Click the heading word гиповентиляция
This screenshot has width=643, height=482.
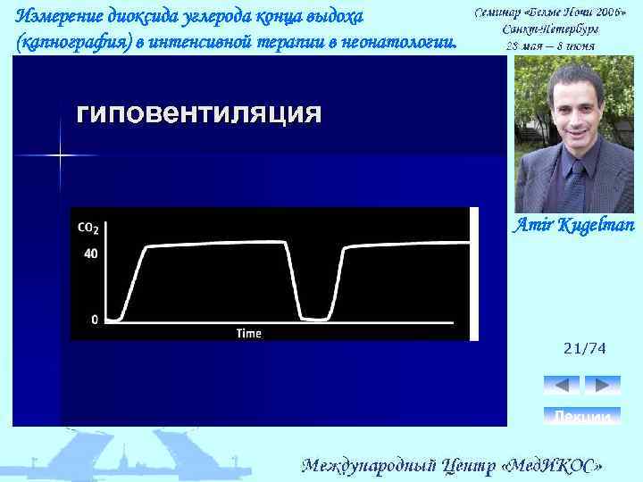(198, 114)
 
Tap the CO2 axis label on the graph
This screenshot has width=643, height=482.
(88, 228)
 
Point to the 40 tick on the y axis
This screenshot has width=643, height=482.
(90, 253)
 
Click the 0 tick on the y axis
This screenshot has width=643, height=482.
(95, 319)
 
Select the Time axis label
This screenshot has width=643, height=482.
(248, 333)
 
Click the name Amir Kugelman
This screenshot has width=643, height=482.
(572, 225)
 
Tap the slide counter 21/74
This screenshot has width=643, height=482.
(584, 349)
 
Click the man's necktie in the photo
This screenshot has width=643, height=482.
(576, 174)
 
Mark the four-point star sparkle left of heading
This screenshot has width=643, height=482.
(60, 155)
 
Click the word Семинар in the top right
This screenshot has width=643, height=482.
(498, 14)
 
